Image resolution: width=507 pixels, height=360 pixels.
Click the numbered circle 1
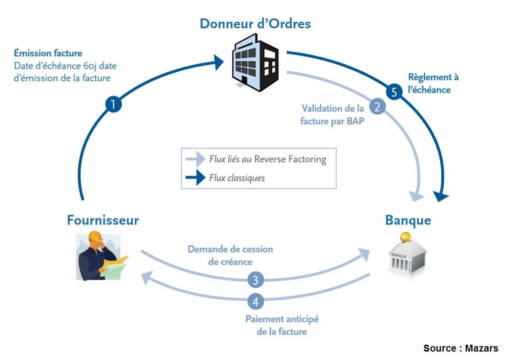(x=114, y=104)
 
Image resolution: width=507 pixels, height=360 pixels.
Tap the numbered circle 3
(x=255, y=280)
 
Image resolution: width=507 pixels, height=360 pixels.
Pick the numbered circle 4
(x=255, y=301)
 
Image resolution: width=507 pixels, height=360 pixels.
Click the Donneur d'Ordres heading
(x=255, y=23)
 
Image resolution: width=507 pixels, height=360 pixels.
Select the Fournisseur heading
(x=103, y=220)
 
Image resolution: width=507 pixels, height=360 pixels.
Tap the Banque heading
(x=408, y=220)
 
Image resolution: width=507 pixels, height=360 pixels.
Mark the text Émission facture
(x=49, y=53)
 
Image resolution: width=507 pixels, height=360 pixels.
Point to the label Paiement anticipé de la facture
(x=282, y=325)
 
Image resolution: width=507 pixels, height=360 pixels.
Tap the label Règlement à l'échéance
(x=433, y=83)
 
